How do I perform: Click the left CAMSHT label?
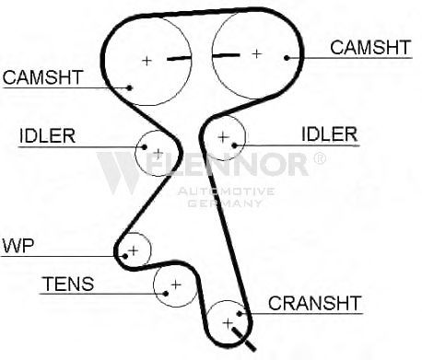[43, 77]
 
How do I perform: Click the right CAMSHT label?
[370, 48]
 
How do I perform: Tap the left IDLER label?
[47, 135]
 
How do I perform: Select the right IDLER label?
[330, 134]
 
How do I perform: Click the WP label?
[18, 245]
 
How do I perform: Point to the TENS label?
[68, 284]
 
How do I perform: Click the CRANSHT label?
[314, 303]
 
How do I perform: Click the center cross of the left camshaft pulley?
[147, 61]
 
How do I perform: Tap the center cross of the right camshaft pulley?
[256, 54]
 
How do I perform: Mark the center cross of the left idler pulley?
[158, 153]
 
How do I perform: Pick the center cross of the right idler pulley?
[223, 137]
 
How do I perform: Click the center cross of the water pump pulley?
[134, 250]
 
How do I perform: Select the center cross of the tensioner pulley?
[176, 285]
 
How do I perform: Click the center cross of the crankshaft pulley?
[228, 323]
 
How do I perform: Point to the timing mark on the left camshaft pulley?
[179, 58]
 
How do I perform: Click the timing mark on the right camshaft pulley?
[226, 55]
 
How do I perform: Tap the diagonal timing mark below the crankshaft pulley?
[244, 339]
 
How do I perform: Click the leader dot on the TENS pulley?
[166, 294]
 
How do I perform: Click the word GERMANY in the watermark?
[225, 203]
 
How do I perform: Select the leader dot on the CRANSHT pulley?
[240, 314]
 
